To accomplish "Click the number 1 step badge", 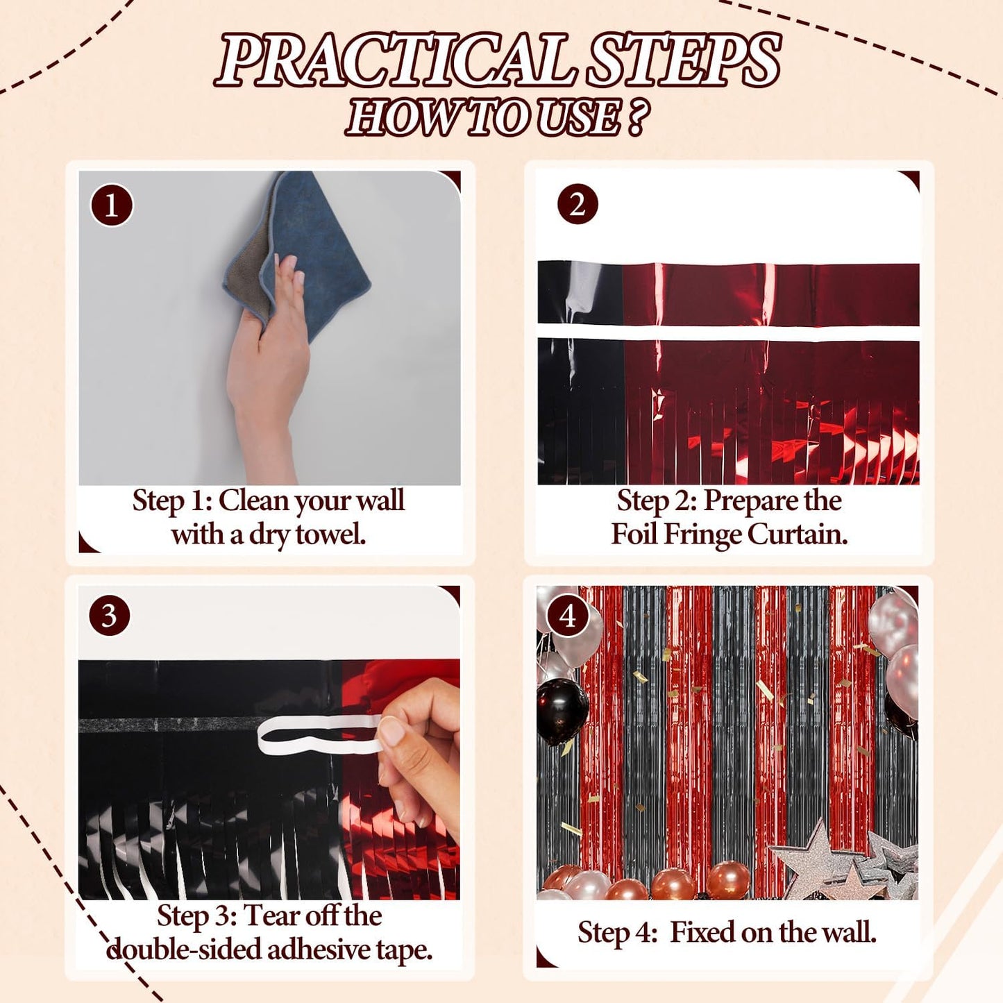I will pyautogui.click(x=111, y=205).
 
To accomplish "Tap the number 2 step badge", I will pyautogui.click(x=577, y=204).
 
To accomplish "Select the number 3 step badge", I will pyautogui.click(x=109, y=615).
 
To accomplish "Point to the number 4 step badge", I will pyautogui.click(x=568, y=615).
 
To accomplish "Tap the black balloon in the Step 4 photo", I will pyautogui.click(x=563, y=711).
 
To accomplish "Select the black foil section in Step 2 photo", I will pyautogui.click(x=580, y=375).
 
